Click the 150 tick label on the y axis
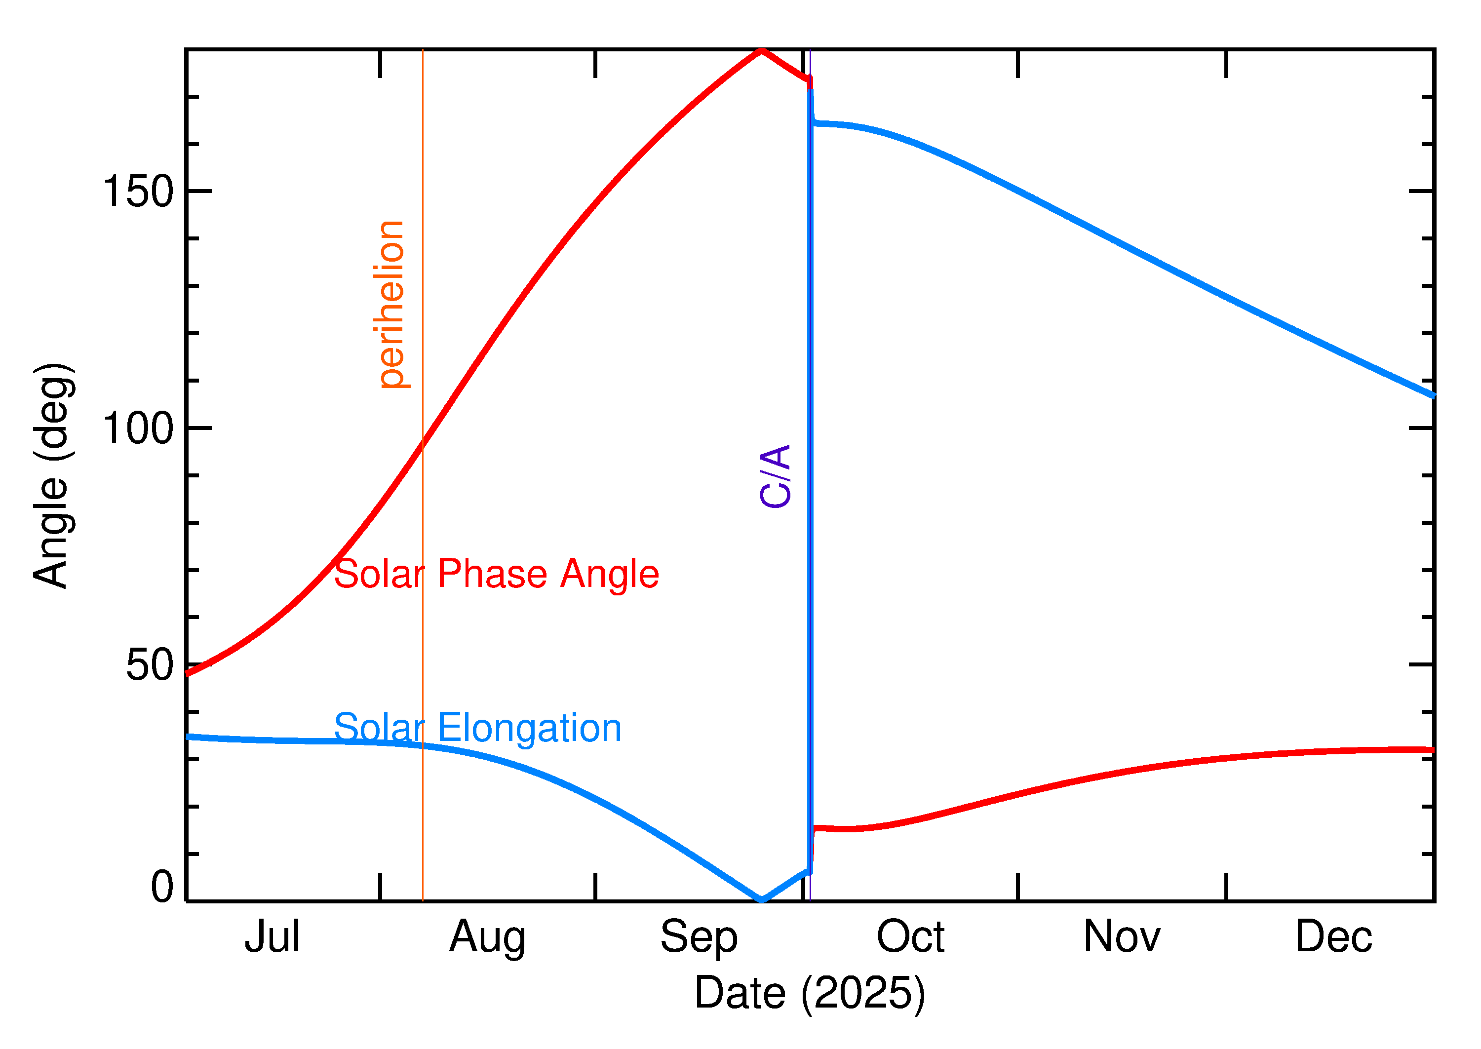point(138,192)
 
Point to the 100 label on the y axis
point(138,428)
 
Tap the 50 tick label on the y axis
point(150,665)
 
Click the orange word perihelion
point(392,304)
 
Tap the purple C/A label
point(776,476)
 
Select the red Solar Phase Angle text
point(496,574)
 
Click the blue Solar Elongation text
point(477,729)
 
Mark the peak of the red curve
point(762,50)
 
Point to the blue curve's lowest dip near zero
point(762,899)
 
